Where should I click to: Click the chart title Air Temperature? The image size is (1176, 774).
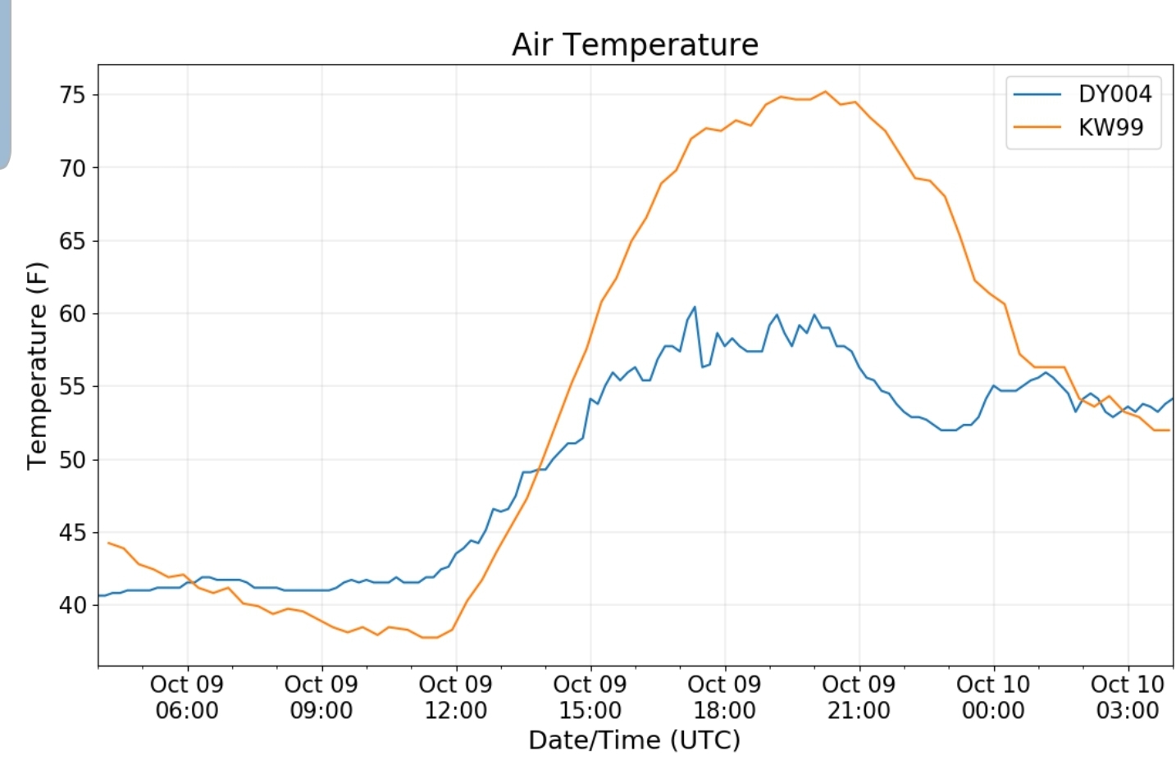tap(635, 44)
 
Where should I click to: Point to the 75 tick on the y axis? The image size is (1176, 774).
tap(72, 95)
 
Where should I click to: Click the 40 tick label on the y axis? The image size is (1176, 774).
tap(72, 605)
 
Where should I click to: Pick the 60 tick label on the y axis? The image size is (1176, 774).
tap(72, 313)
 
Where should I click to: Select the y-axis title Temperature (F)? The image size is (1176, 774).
tap(37, 366)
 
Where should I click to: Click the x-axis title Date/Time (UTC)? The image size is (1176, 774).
tap(634, 740)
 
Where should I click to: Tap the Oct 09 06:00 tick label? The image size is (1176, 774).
tap(187, 697)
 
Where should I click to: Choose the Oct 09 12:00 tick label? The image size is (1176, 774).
tap(455, 697)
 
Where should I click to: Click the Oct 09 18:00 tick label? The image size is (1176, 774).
tap(724, 697)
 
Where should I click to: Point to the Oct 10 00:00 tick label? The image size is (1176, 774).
tap(993, 697)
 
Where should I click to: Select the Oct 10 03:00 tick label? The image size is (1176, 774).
tap(1128, 697)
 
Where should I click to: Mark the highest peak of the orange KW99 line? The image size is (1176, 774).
tap(825, 91)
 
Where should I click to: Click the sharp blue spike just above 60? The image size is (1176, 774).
tap(695, 307)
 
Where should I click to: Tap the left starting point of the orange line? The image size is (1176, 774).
tap(108, 542)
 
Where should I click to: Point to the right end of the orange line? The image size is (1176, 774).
tap(1169, 430)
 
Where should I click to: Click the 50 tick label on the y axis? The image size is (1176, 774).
tap(72, 459)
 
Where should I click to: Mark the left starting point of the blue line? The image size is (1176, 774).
tap(99, 595)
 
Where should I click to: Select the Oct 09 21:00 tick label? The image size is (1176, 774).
tap(859, 697)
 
